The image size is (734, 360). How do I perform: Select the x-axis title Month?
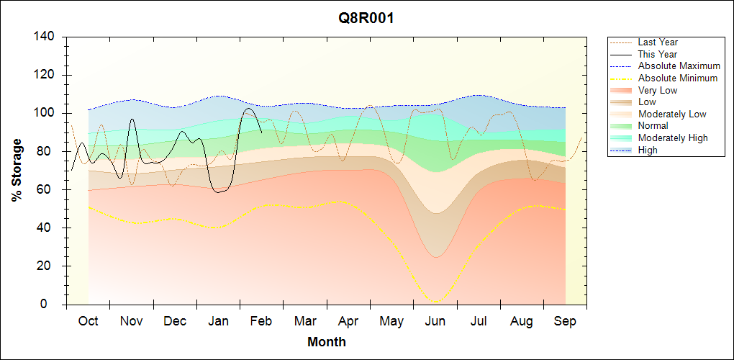pos(327,342)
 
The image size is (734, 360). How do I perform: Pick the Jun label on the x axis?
pos(435,321)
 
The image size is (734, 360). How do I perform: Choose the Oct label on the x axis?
pos(88,321)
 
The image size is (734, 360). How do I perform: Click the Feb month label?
pos(261,321)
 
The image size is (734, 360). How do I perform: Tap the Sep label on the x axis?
pos(565,321)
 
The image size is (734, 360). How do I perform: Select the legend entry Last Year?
pos(658,42)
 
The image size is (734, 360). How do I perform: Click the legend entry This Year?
pos(658,54)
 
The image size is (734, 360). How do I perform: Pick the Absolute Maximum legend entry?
pos(679,66)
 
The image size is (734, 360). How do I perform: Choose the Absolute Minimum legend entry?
pos(678,78)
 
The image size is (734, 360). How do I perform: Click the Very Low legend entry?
pos(658,90)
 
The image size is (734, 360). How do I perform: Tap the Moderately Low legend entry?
pos(672,114)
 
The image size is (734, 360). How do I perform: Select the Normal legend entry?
pos(653,126)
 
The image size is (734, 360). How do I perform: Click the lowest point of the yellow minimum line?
pos(435,302)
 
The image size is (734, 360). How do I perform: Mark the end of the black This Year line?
pos(261,132)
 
